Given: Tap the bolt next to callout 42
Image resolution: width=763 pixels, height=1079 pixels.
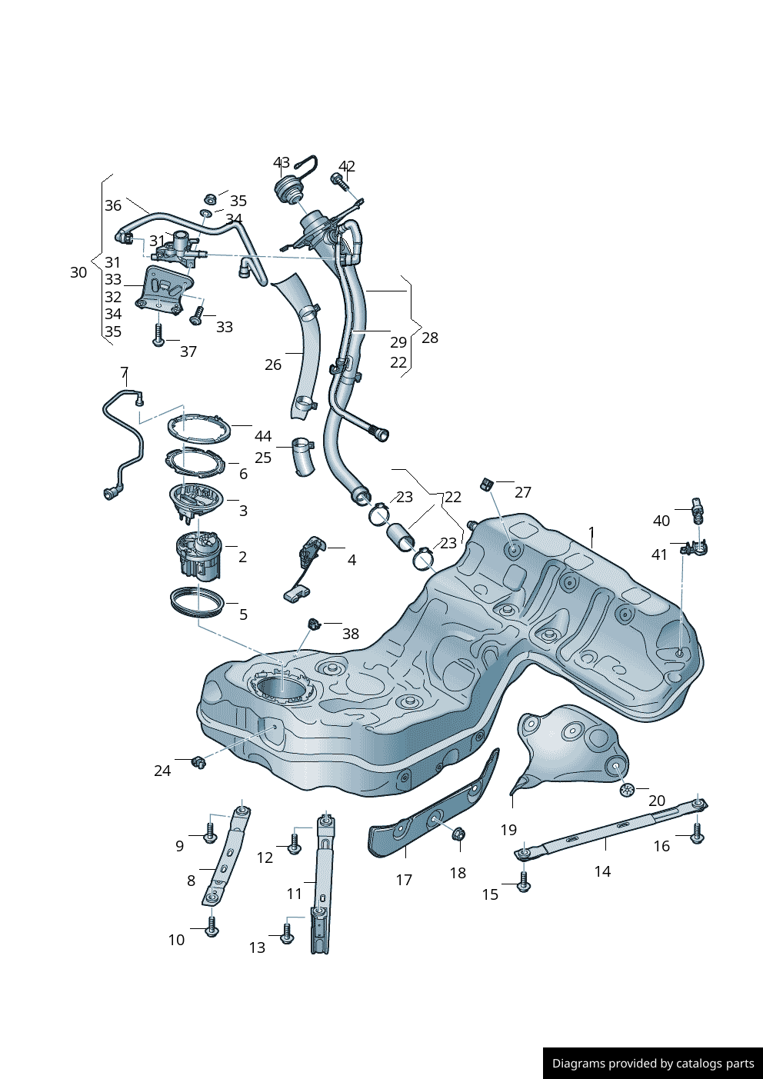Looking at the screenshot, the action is click(x=339, y=181).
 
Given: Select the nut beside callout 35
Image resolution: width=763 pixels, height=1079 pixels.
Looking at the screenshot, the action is click(x=210, y=198).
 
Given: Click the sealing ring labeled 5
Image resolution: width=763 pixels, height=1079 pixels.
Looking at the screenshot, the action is click(x=198, y=602).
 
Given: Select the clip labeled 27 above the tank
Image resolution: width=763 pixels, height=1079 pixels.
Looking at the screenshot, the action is click(x=486, y=485).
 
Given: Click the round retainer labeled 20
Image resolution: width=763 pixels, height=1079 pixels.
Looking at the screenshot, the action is click(x=627, y=790).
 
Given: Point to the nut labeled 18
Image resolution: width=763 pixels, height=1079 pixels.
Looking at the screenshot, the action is click(x=458, y=834).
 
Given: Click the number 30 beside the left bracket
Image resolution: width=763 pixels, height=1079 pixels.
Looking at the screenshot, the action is click(x=78, y=273).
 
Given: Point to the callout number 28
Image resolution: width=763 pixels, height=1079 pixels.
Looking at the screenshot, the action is click(x=430, y=338).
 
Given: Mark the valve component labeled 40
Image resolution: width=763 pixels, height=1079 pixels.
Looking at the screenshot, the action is click(x=698, y=511).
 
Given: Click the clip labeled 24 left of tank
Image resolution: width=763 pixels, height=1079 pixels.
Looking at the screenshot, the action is click(x=198, y=762).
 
